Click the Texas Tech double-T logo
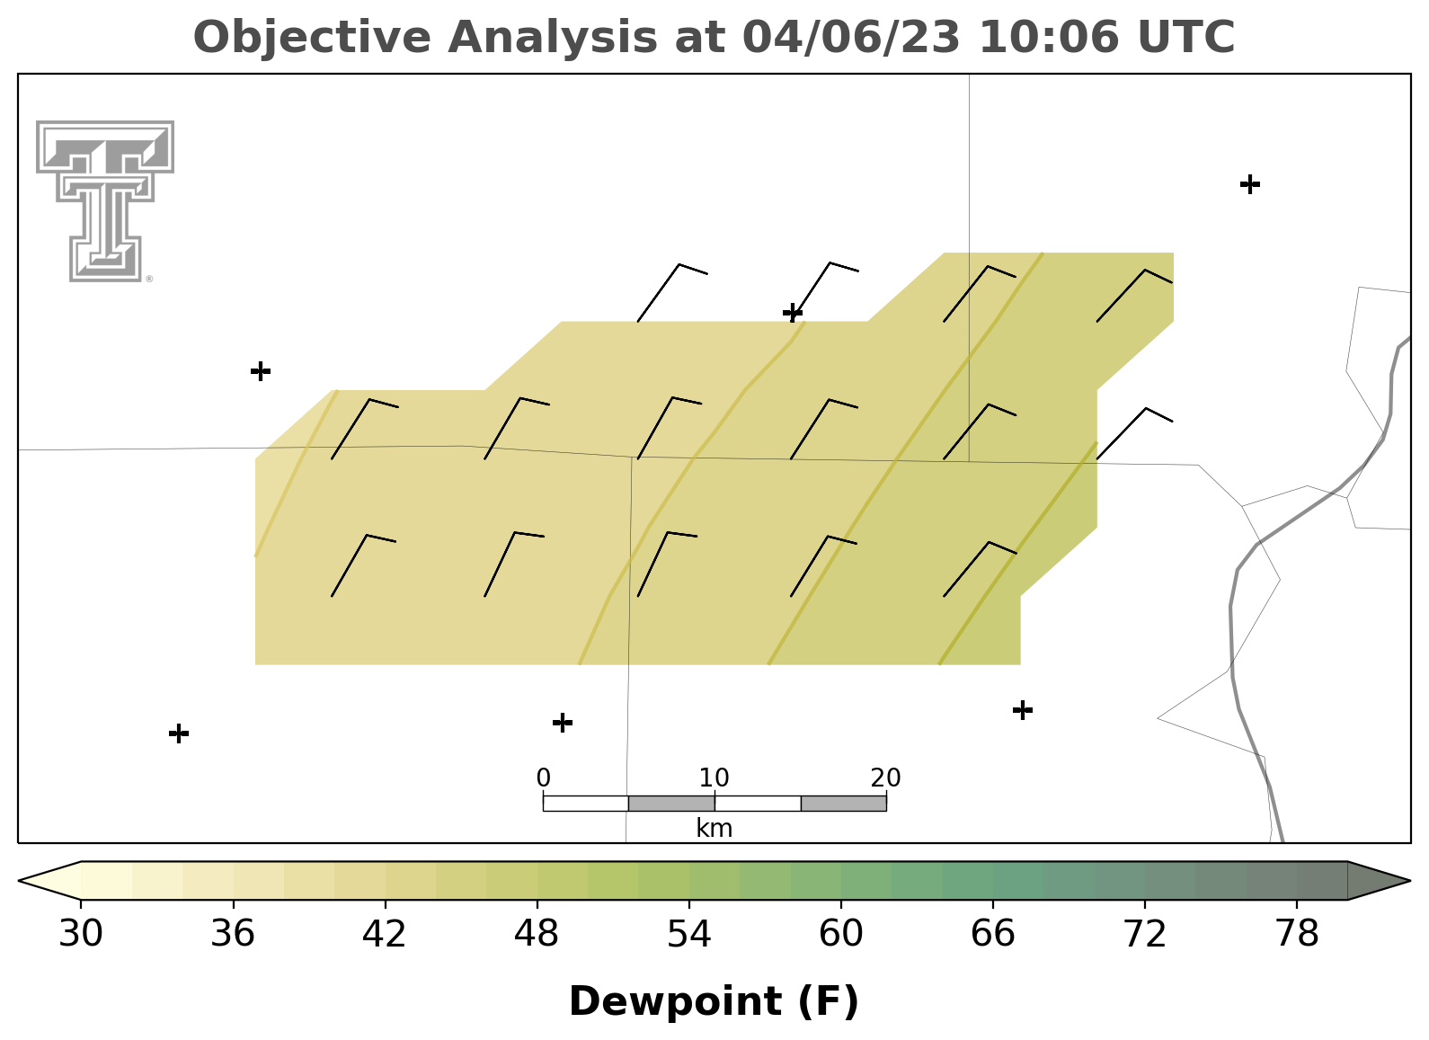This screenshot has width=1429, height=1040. click(x=104, y=201)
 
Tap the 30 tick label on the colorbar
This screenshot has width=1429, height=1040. click(x=80, y=934)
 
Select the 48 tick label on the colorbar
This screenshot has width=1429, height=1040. click(x=537, y=934)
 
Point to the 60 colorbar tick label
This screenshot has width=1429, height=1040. click(x=841, y=934)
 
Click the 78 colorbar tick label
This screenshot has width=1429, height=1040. click(x=1297, y=934)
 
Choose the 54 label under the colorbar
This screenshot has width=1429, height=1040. click(x=689, y=934)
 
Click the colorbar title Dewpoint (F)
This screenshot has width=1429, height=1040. click(x=714, y=1001)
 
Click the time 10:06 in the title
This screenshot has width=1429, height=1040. click(x=1049, y=37)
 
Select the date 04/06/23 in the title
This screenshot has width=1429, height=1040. click(x=852, y=38)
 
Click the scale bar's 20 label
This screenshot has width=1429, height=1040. click(x=885, y=778)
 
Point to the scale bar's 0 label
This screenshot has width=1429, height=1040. click(x=544, y=778)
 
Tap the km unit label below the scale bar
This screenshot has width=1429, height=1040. click(x=714, y=828)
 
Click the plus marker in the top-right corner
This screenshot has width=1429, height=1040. click(x=1250, y=184)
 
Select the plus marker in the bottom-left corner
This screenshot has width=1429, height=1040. click(x=179, y=733)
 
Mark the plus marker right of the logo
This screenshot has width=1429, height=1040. click(x=261, y=370)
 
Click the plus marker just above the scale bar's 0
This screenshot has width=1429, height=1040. click(x=562, y=723)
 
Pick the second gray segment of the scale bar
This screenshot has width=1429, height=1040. click(x=843, y=804)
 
